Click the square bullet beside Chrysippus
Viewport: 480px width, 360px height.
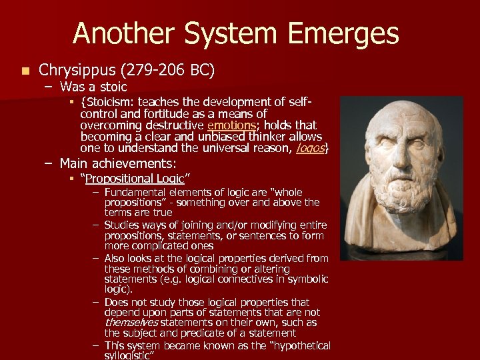click(x=25, y=70)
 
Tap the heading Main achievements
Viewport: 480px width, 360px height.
click(x=117, y=163)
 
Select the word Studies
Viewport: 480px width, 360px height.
click(x=121, y=225)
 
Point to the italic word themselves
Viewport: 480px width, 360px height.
click(x=131, y=323)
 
